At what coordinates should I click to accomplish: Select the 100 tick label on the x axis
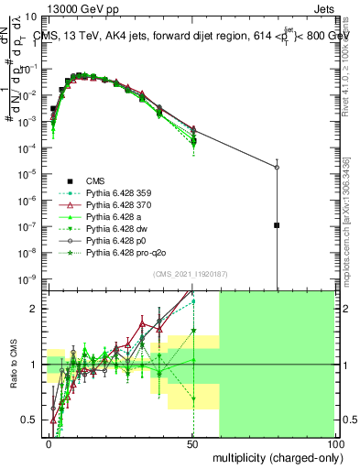point(334,442)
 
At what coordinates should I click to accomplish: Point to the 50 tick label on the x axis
point(191,442)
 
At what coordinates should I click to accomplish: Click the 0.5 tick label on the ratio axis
point(32,420)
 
